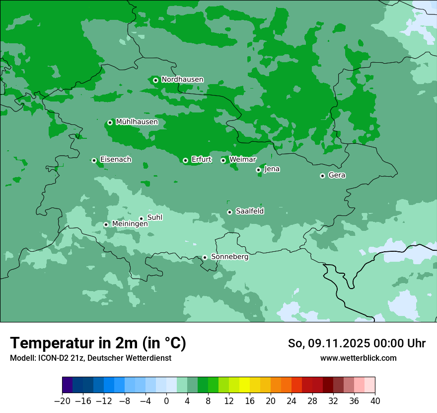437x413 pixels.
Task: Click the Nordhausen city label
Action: tap(182, 80)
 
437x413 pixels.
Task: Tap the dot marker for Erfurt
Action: tap(185, 160)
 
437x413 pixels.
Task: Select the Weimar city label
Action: tap(242, 160)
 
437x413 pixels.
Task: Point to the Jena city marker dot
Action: tap(258, 170)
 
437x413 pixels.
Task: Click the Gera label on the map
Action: tap(337, 175)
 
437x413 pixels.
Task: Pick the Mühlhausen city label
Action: tap(137, 122)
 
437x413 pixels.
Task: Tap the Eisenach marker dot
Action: tap(94, 160)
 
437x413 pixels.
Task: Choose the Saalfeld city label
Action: tap(249, 211)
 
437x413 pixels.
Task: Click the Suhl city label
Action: tap(155, 217)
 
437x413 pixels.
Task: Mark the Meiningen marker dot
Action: tap(106, 224)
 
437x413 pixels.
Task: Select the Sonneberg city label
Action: tap(229, 257)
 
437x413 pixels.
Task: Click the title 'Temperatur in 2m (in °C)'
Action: tap(98, 343)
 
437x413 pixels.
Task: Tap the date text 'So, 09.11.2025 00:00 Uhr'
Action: tap(357, 343)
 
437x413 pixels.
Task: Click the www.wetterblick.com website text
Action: tap(358, 358)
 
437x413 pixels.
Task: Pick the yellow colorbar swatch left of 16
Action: tap(244, 385)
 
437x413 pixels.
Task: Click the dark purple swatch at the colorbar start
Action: tap(67, 385)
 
